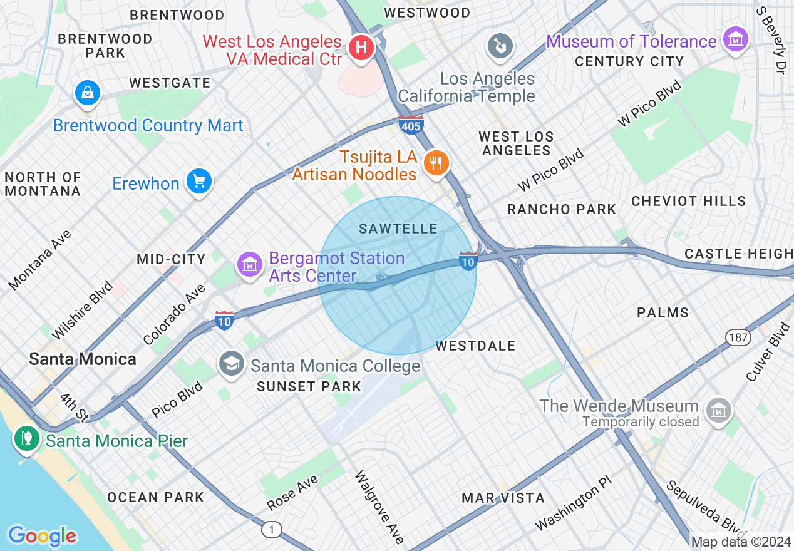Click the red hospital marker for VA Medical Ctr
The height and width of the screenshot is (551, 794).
pos(361,47)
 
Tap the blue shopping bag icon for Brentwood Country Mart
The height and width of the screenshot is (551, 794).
pos(88,93)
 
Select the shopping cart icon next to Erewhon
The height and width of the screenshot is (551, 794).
pos(199,182)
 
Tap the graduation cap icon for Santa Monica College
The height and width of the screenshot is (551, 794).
pos(232,363)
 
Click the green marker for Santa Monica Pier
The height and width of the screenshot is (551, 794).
pos(26,438)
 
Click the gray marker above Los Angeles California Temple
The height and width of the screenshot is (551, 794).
pos(500,46)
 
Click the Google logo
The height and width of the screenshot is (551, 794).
pos(42,536)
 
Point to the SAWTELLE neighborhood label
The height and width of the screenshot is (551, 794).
pos(398,229)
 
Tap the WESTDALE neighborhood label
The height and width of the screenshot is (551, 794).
pos(475,346)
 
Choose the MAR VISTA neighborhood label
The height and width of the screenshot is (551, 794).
pos(503,498)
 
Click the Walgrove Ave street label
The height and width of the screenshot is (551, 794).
pos(379,507)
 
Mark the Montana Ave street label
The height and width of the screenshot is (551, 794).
pos(40,259)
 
